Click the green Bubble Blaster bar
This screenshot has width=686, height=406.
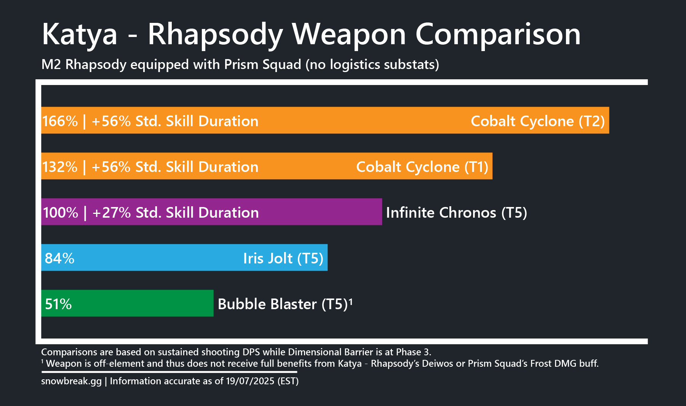pos(127,303)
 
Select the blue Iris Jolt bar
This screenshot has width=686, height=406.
pos(184,257)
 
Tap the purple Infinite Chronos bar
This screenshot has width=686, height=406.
pos(211,212)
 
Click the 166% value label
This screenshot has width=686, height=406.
pos(60,121)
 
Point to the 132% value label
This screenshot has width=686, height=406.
pos(60,167)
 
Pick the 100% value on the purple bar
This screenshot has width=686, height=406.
pos(61,213)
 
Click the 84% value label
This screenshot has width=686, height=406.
pos(59,258)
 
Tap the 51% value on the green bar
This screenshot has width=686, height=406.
pos(58,304)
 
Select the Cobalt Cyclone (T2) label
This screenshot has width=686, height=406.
pos(538,121)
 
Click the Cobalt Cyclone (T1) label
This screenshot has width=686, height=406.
pos(422,167)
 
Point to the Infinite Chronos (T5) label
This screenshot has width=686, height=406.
pos(457,213)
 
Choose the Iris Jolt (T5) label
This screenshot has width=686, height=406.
pos(283,258)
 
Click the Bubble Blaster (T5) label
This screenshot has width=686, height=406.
pos(285,304)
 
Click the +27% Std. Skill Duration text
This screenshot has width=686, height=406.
pos(176,213)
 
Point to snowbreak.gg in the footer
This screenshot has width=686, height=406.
pos(72,381)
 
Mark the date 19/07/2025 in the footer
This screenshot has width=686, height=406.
pos(250,381)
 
